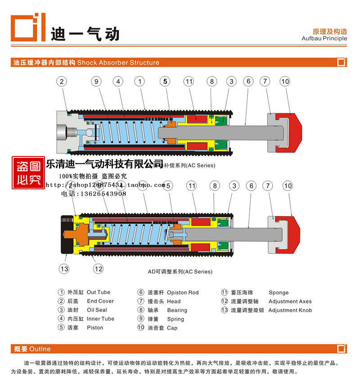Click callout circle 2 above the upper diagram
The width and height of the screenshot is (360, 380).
point(62,81)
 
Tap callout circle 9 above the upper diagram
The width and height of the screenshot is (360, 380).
point(96,81)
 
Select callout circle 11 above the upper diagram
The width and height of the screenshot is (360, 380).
point(189,81)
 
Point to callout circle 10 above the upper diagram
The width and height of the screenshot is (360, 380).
point(285,81)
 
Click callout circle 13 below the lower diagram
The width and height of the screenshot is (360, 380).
point(64,269)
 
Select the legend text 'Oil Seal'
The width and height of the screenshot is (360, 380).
point(97,310)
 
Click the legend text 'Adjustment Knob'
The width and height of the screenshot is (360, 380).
point(290,310)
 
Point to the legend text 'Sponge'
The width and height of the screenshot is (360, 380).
point(279,292)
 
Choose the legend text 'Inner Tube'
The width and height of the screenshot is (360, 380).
point(100,319)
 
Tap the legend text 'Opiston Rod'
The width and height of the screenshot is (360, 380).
point(183,292)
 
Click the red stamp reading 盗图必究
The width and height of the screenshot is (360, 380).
point(28,173)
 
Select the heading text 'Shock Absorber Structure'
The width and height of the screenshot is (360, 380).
point(118,63)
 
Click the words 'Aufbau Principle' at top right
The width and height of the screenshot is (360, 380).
point(324,39)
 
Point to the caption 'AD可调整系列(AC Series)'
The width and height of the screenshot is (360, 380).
point(180,272)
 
